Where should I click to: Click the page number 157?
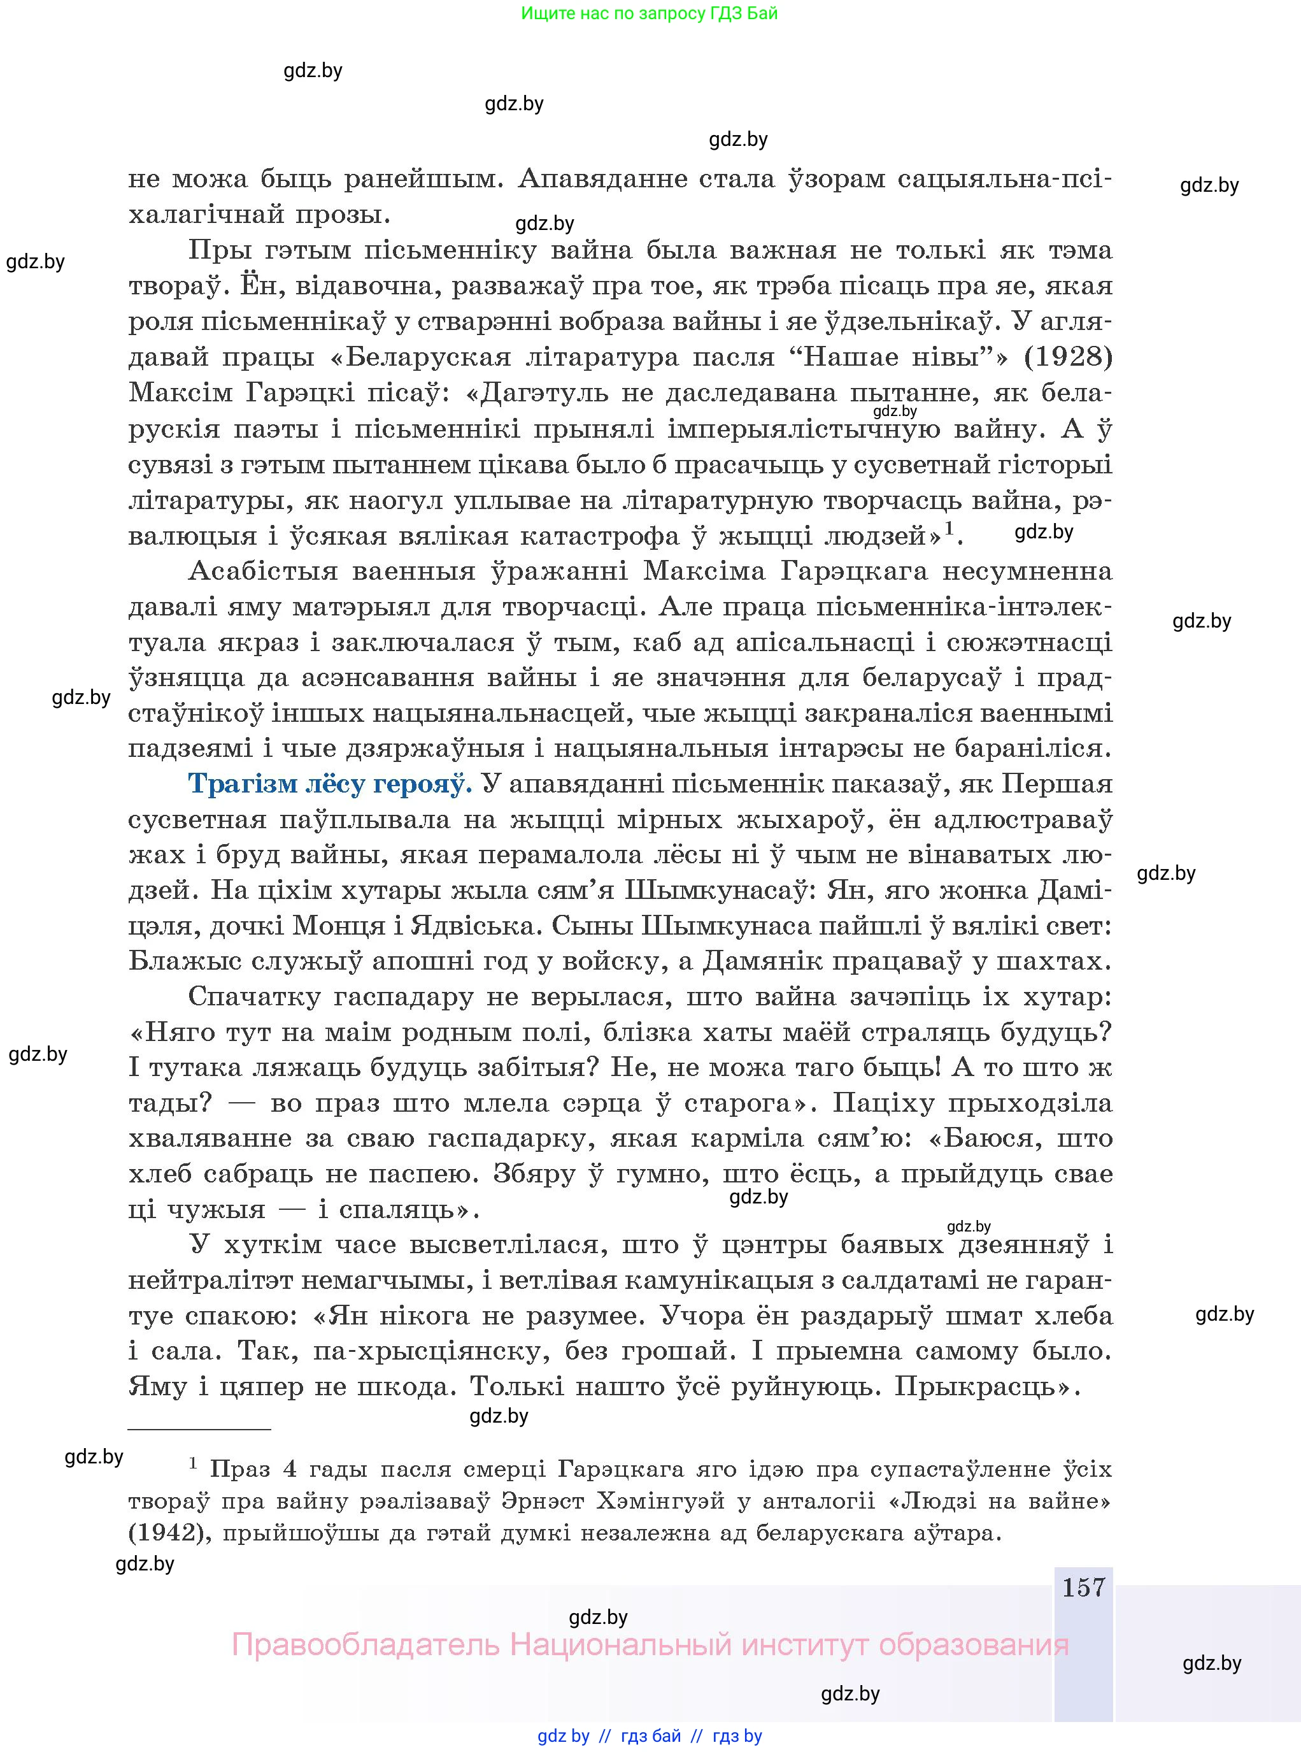[1084, 1588]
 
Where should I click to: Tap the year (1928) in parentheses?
[1068, 357]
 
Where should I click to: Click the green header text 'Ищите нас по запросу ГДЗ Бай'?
[649, 13]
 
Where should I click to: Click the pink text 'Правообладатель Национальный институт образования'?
[650, 1645]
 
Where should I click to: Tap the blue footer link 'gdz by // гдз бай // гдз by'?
[650, 1735]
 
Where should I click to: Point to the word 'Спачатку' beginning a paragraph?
[253, 997]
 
